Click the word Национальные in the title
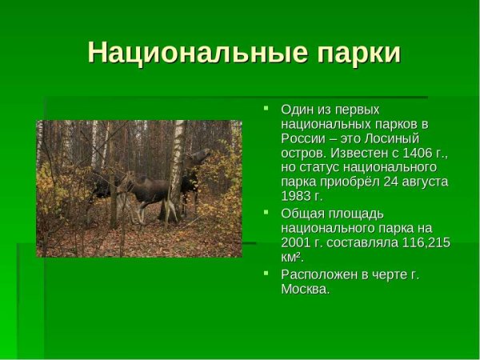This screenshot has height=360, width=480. [x=187, y=52]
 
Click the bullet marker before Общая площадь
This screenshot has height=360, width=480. [x=268, y=213]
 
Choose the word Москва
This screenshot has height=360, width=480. [x=304, y=289]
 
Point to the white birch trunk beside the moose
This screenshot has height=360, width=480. [x=177, y=160]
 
